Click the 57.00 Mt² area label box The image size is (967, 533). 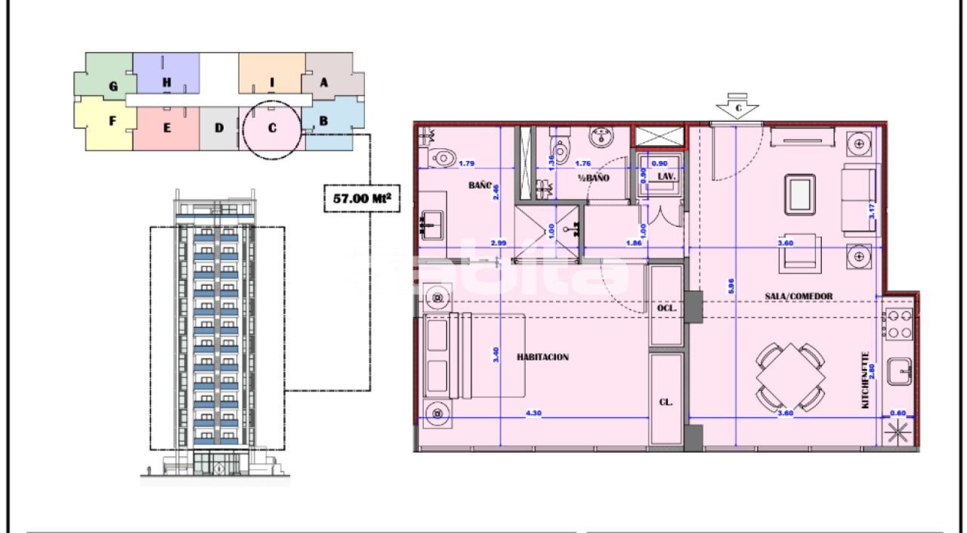(x=361, y=199)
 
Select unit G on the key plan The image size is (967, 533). (x=113, y=86)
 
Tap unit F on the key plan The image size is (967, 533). (x=111, y=120)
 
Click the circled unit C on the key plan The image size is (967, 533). (x=272, y=128)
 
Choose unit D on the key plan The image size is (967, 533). (x=219, y=128)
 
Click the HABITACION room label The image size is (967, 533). (x=542, y=357)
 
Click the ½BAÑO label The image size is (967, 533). (x=594, y=178)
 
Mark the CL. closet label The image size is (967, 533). (x=666, y=403)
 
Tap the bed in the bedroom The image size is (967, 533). (x=474, y=354)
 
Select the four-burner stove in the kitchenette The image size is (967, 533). (x=899, y=324)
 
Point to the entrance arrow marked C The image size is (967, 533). (x=737, y=107)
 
